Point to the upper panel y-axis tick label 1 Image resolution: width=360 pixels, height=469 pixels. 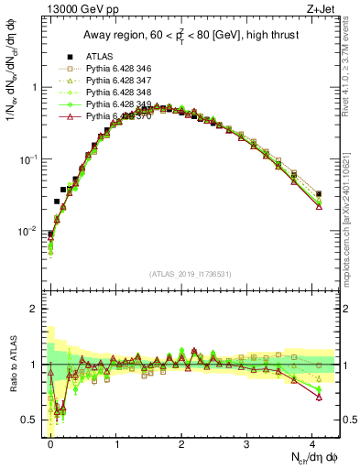coord(34,88)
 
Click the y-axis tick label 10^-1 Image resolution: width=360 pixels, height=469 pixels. coord(29,159)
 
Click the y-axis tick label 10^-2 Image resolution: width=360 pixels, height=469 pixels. coord(29,231)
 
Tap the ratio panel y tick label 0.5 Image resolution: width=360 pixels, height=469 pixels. coord(30,420)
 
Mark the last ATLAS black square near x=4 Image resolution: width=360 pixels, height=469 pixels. coord(319,194)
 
